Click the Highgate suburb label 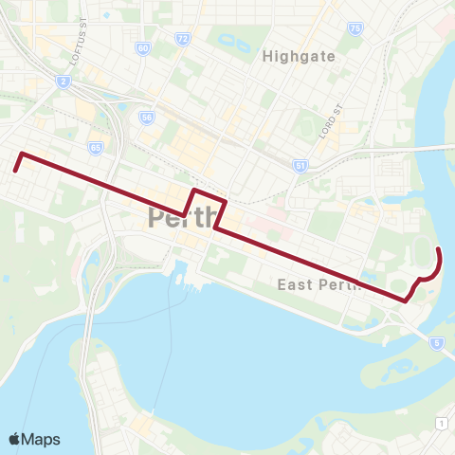click(298, 56)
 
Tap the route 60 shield click(142, 47)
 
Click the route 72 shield click(182, 37)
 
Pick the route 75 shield click(355, 28)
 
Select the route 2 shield click(64, 82)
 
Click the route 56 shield click(146, 118)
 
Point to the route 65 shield click(96, 149)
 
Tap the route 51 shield click(300, 166)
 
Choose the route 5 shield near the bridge click(436, 341)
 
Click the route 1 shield click(442, 422)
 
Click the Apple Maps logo click(34, 439)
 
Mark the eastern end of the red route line click(438, 248)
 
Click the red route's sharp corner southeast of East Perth click(405, 300)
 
